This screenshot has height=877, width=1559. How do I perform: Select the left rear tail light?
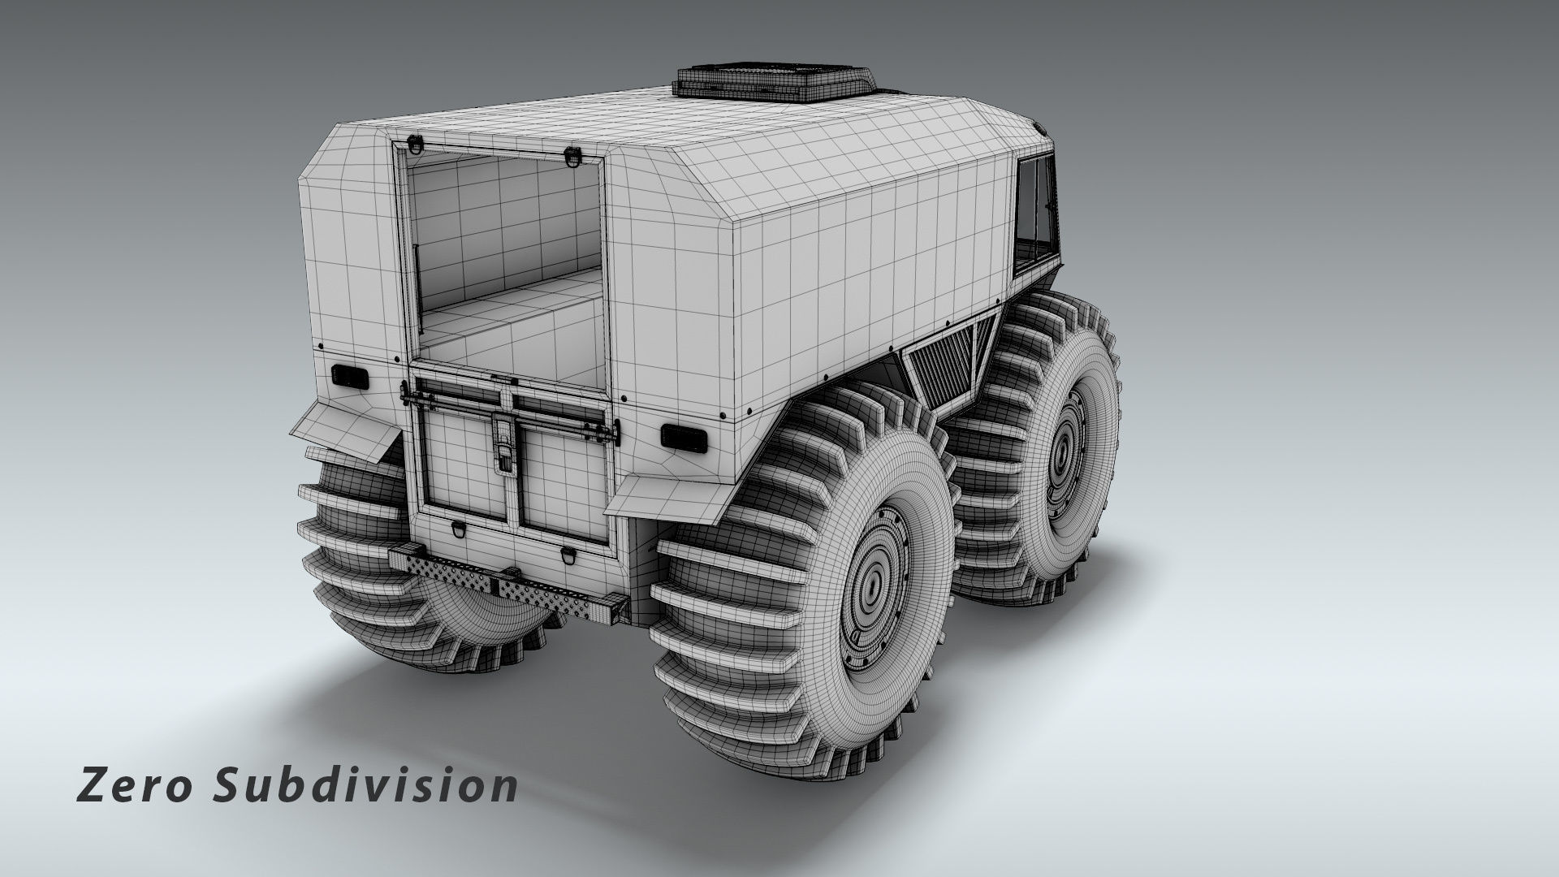[x=350, y=376]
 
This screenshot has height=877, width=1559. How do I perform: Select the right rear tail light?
[x=682, y=436]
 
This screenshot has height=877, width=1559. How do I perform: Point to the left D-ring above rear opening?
[x=417, y=145]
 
